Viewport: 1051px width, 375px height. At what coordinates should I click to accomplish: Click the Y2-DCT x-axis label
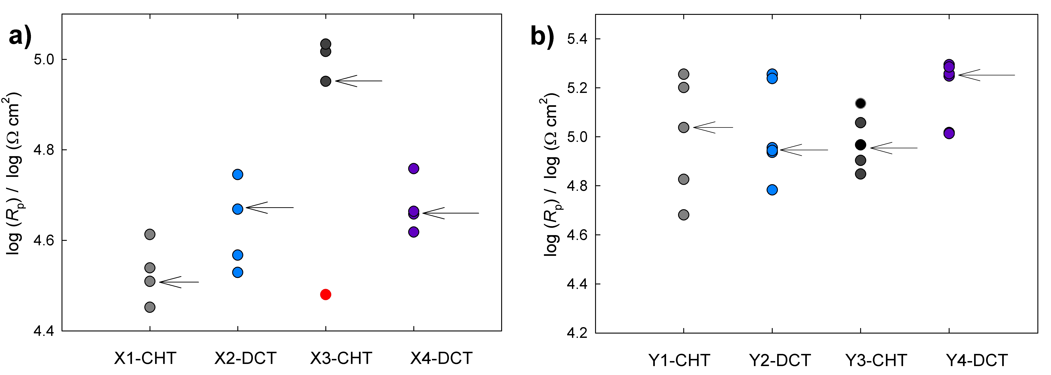[780, 360]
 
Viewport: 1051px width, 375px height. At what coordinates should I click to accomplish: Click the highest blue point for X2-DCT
[238, 174]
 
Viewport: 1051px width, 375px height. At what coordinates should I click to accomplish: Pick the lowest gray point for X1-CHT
[150, 307]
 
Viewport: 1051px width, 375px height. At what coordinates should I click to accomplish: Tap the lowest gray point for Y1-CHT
[683, 215]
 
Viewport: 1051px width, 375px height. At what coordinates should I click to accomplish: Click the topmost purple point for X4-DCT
[413, 168]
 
